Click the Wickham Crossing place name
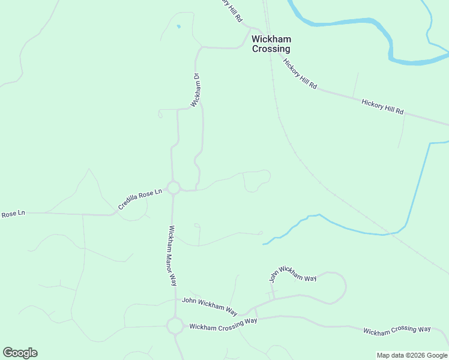coord(271,44)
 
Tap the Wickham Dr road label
coord(195,90)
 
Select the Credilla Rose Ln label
coord(140,199)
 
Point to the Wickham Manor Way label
coord(172,255)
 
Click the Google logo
coord(20,353)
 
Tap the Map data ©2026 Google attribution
coord(412,355)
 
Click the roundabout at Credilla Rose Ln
coord(173,188)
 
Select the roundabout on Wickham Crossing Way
coord(175,326)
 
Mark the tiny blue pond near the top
coord(178,26)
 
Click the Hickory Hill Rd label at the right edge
coord(382,107)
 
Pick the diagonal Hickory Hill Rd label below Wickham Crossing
coord(300,74)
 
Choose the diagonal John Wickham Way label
coord(292,275)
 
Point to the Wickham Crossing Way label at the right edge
coord(397,329)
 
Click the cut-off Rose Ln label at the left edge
coord(13,214)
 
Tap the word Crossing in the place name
coord(271,49)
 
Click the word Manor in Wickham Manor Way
coord(173,256)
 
